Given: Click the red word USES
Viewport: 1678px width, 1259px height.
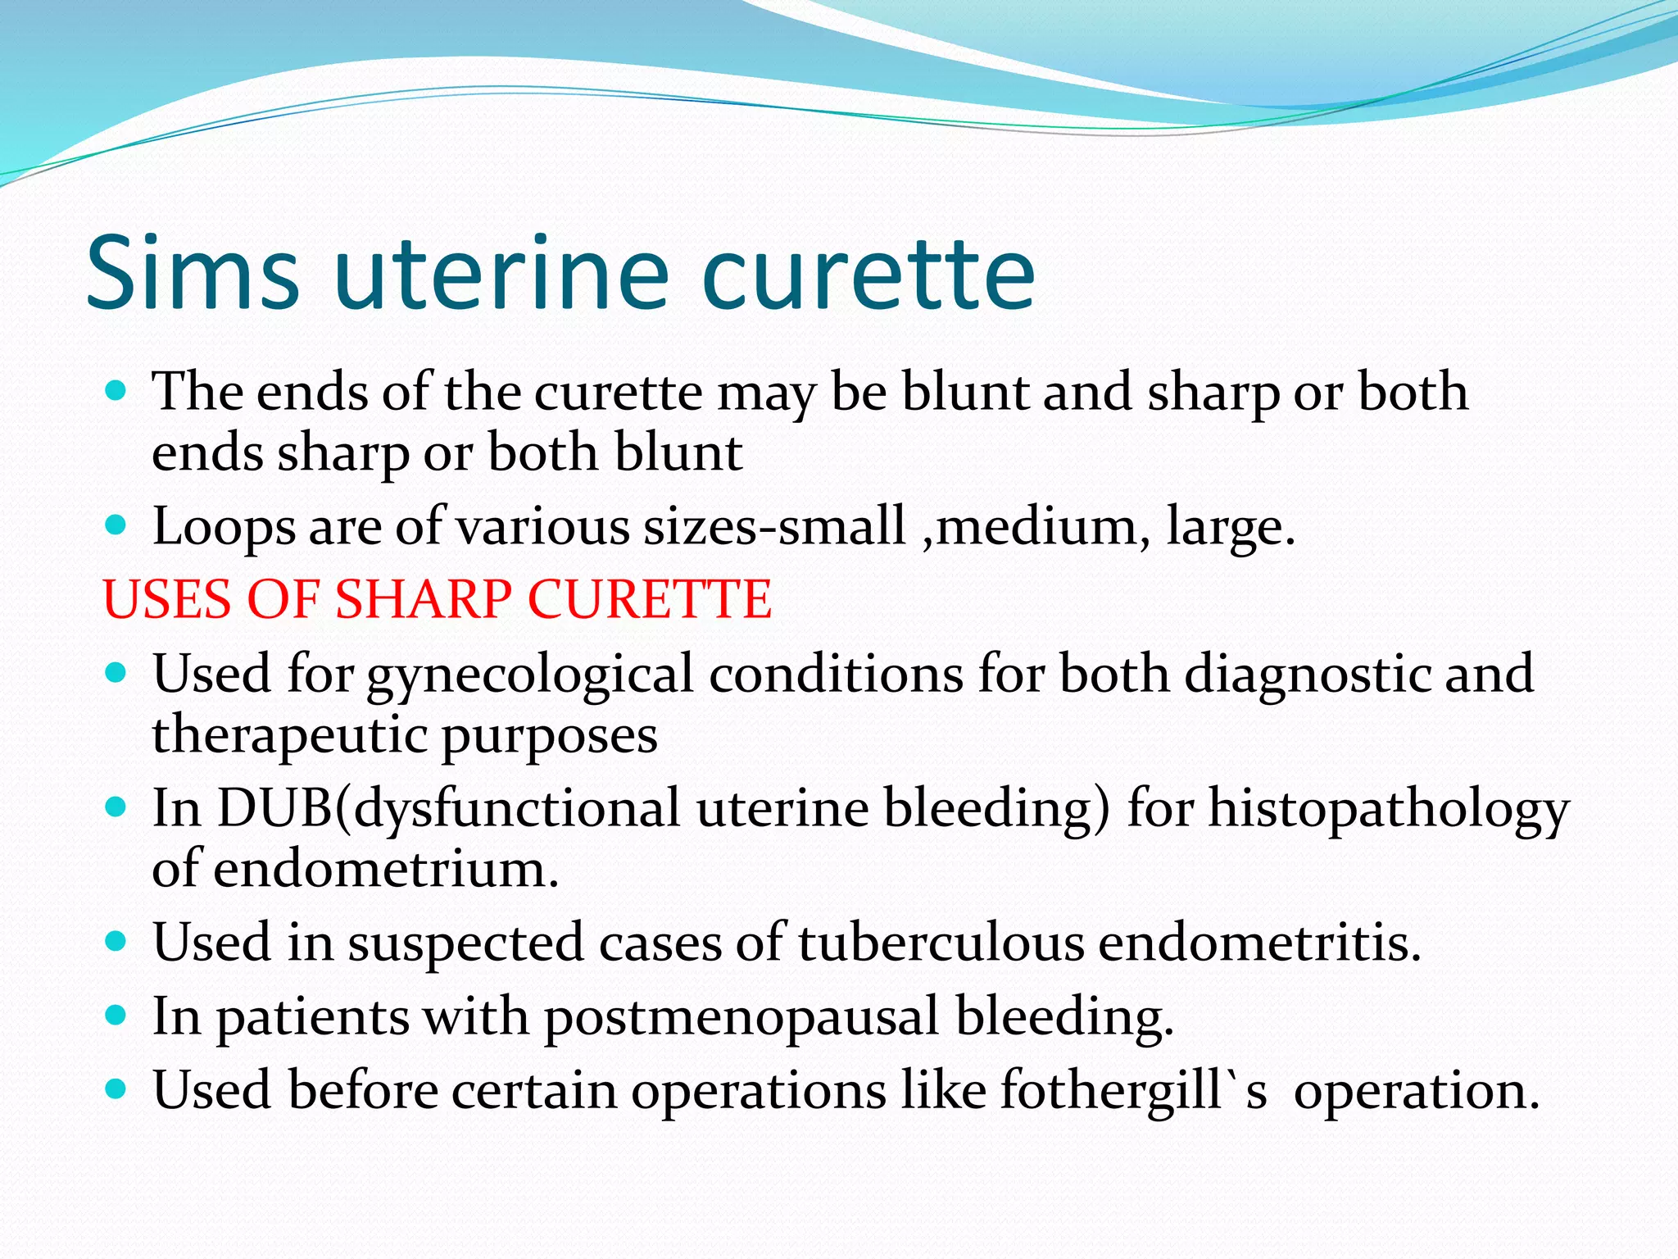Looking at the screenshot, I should [167, 598].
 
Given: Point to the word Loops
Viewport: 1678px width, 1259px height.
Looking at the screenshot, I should [224, 526].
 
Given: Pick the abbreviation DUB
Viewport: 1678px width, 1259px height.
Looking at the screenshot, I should [275, 808].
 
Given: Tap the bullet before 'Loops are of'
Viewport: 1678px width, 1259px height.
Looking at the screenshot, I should [116, 525].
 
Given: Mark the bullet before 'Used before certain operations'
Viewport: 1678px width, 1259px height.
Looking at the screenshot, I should [116, 1089].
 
